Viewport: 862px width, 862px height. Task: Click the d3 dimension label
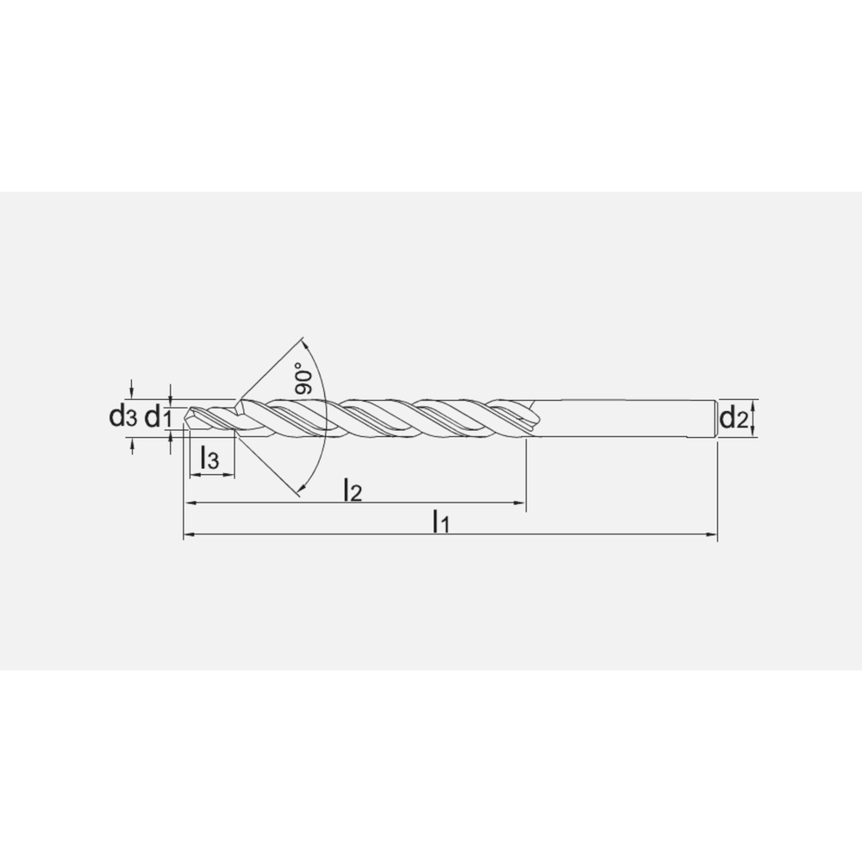pyautogui.click(x=122, y=418)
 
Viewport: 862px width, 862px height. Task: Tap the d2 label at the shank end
pyautogui.click(x=733, y=419)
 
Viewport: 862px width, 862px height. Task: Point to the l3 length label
pyautogui.click(x=209, y=459)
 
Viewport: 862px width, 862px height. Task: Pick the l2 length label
pyautogui.click(x=352, y=490)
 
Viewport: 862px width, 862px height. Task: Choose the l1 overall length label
pyautogui.click(x=440, y=521)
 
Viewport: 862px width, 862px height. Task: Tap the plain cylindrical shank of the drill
pyautogui.click(x=621, y=419)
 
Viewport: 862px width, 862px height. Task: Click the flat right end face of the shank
pyautogui.click(x=716, y=419)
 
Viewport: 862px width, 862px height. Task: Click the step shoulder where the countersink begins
pyautogui.click(x=239, y=405)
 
